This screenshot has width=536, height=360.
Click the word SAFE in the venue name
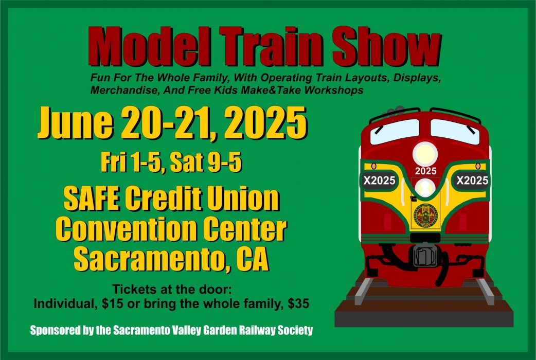click(x=92, y=199)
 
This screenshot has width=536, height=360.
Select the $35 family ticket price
click(x=298, y=303)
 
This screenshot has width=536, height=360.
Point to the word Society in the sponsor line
click(x=295, y=331)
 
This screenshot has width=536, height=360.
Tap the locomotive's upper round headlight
click(x=425, y=153)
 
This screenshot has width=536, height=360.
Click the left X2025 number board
click(x=379, y=180)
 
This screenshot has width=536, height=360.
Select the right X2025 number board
click(x=472, y=180)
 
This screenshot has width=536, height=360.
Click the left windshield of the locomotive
click(x=395, y=132)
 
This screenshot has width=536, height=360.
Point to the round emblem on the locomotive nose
click(x=425, y=216)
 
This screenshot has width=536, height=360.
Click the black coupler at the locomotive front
click(x=425, y=255)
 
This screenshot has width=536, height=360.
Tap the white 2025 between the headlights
click(x=425, y=171)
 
